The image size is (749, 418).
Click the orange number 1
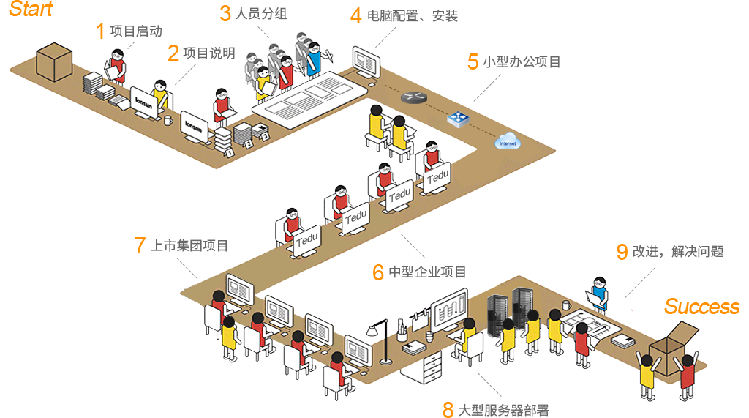[101, 31]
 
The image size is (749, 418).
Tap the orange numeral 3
[225, 13]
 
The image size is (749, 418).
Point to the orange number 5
[473, 61]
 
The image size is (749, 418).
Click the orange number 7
[140, 245]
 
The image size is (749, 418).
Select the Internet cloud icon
[506, 142]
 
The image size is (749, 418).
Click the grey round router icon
[412, 96]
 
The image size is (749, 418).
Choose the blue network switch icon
[459, 118]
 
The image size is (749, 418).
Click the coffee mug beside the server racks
[565, 304]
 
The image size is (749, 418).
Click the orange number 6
[378, 272]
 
